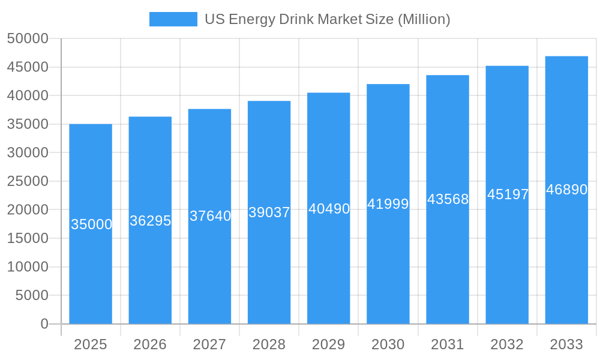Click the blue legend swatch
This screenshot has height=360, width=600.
click(173, 19)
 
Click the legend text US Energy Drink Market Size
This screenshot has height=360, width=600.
click(327, 19)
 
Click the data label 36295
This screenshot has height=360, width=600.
click(151, 221)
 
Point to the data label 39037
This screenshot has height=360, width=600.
click(269, 212)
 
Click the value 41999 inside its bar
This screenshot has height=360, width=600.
click(388, 204)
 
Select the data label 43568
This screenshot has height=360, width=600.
click(448, 199)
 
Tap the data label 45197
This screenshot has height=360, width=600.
click(508, 194)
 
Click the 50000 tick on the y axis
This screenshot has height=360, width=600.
click(28, 38)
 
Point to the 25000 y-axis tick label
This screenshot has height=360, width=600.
click(28, 181)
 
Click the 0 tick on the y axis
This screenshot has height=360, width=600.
click(44, 324)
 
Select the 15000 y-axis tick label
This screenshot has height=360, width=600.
click(28, 238)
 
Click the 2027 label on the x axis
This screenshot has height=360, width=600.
click(209, 344)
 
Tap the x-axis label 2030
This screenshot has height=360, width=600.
click(388, 344)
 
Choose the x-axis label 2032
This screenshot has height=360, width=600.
click(507, 344)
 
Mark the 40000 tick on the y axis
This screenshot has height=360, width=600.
click(28, 95)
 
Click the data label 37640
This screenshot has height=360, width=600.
click(210, 216)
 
